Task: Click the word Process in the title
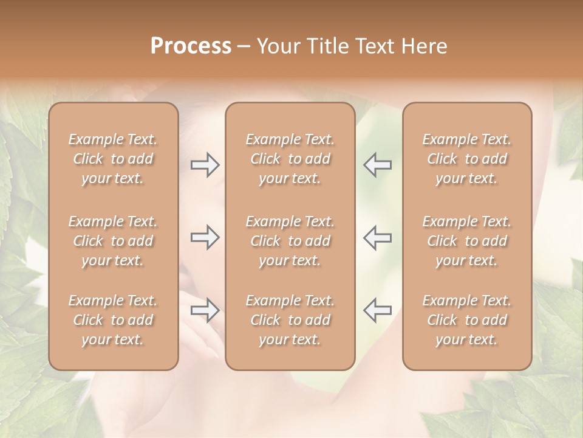[191, 46]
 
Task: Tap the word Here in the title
[423, 46]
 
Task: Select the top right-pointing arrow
[205, 164]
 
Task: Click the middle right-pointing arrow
[205, 237]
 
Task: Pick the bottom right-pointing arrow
[205, 310]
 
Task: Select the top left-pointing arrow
[378, 164]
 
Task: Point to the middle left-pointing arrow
[378, 237]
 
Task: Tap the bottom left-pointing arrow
[378, 310]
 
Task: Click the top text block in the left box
[113, 159]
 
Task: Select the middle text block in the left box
[113, 241]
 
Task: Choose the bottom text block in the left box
[113, 320]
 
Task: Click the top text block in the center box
[290, 159]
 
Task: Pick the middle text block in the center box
[290, 241]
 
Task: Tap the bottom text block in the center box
[290, 320]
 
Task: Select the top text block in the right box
[467, 159]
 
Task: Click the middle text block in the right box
[467, 241]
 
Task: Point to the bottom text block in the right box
[467, 320]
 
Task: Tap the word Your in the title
[277, 46]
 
